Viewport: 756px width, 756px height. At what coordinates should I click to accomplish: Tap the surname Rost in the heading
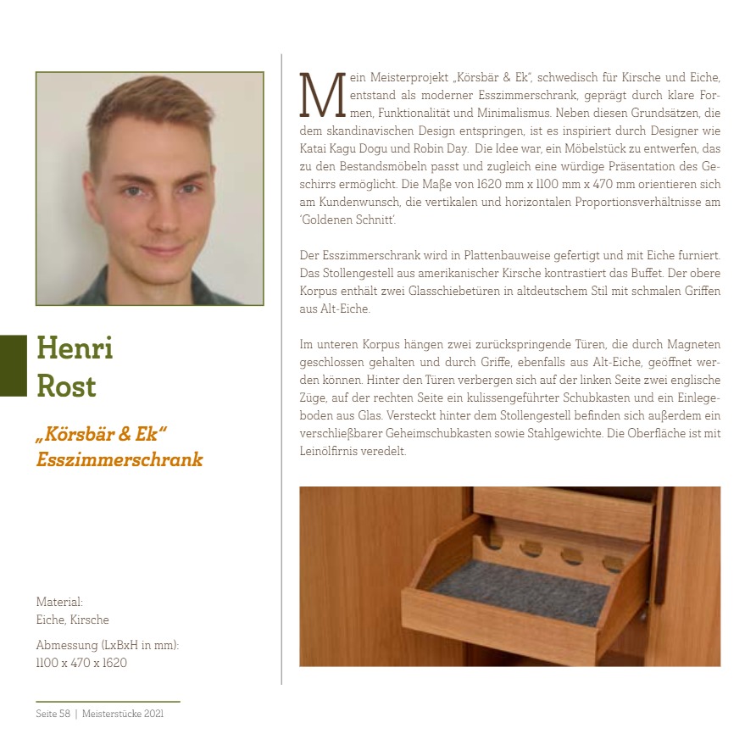pos(66,386)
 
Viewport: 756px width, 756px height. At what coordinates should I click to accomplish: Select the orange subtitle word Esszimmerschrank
pos(120,460)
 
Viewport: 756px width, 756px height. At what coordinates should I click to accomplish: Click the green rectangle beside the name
pos(14,365)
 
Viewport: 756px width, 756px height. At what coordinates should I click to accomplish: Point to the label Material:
pos(59,602)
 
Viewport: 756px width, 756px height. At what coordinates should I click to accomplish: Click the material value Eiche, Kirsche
pos(72,620)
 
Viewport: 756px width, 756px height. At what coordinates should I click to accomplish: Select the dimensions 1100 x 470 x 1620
pos(81,663)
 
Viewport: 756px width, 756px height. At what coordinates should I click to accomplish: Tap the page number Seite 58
pos(53,714)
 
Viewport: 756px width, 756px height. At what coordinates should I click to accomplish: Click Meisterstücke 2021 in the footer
pos(124,714)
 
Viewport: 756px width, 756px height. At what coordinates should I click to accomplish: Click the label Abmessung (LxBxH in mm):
pos(108,645)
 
